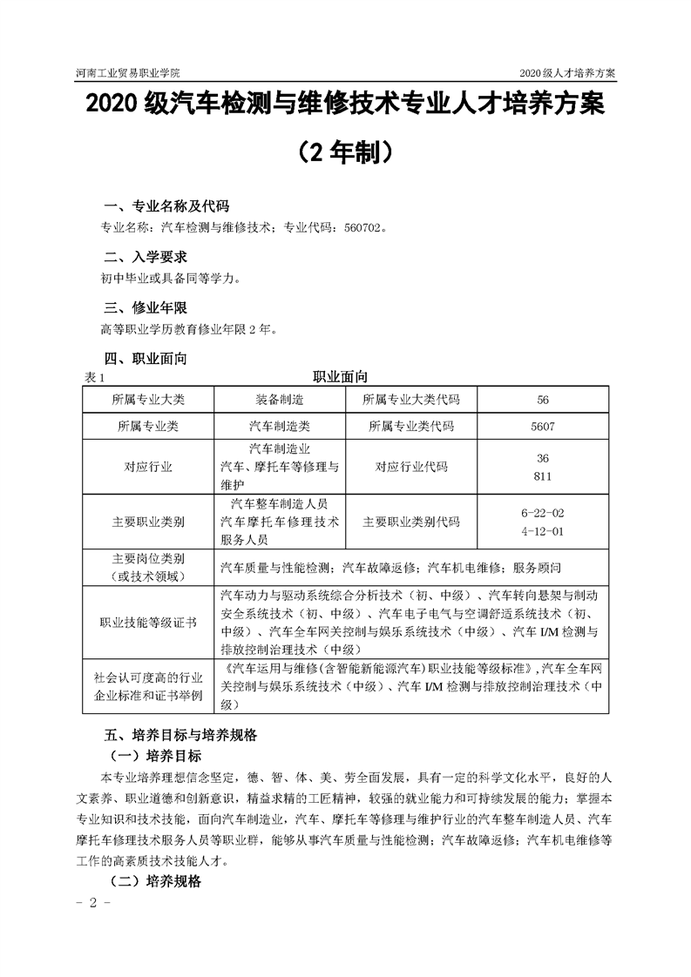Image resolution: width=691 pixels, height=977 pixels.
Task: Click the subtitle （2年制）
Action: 346,153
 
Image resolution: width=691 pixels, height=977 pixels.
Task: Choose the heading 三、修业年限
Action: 145,307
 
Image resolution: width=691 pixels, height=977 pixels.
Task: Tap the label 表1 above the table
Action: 93,378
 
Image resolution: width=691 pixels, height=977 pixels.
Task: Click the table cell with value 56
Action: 543,400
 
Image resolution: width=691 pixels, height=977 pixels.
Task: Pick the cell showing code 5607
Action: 542,427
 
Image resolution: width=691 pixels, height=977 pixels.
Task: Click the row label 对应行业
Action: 148,467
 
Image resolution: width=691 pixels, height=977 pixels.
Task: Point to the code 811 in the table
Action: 542,476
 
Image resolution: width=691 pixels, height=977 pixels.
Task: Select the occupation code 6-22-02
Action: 542,514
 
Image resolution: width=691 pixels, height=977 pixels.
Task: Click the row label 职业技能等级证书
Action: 148,623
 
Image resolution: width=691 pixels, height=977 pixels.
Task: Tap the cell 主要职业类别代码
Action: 410,522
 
